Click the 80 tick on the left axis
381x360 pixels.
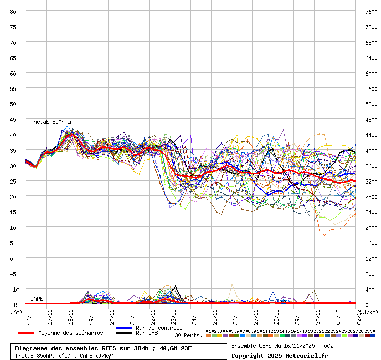pyautogui.click(x=13, y=11)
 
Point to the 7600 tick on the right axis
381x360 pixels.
pyautogui.click(x=370, y=11)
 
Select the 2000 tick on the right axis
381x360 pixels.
pyautogui.click(x=370, y=227)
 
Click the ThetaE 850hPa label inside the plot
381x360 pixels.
pyautogui.click(x=50, y=122)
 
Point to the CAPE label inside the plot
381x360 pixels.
pyautogui.click(x=37, y=299)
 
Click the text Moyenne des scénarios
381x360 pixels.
pyautogui.click(x=71, y=333)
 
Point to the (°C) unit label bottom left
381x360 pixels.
pyautogui.click(x=16, y=311)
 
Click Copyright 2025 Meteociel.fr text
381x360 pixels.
pyautogui.click(x=280, y=355)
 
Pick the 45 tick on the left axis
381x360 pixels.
pyautogui.click(x=13, y=119)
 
